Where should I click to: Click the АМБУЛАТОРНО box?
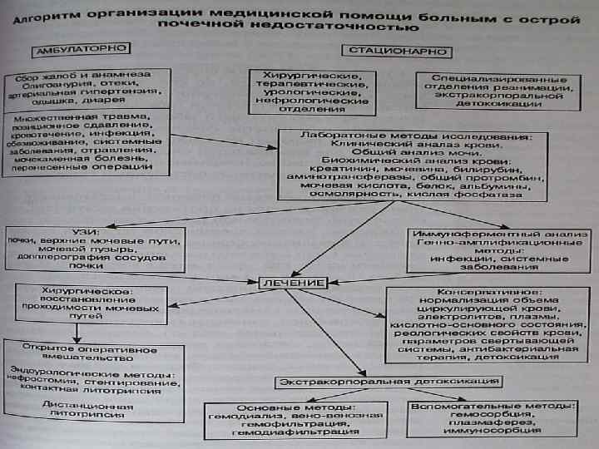(x=79, y=51)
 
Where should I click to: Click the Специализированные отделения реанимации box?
(x=496, y=89)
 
